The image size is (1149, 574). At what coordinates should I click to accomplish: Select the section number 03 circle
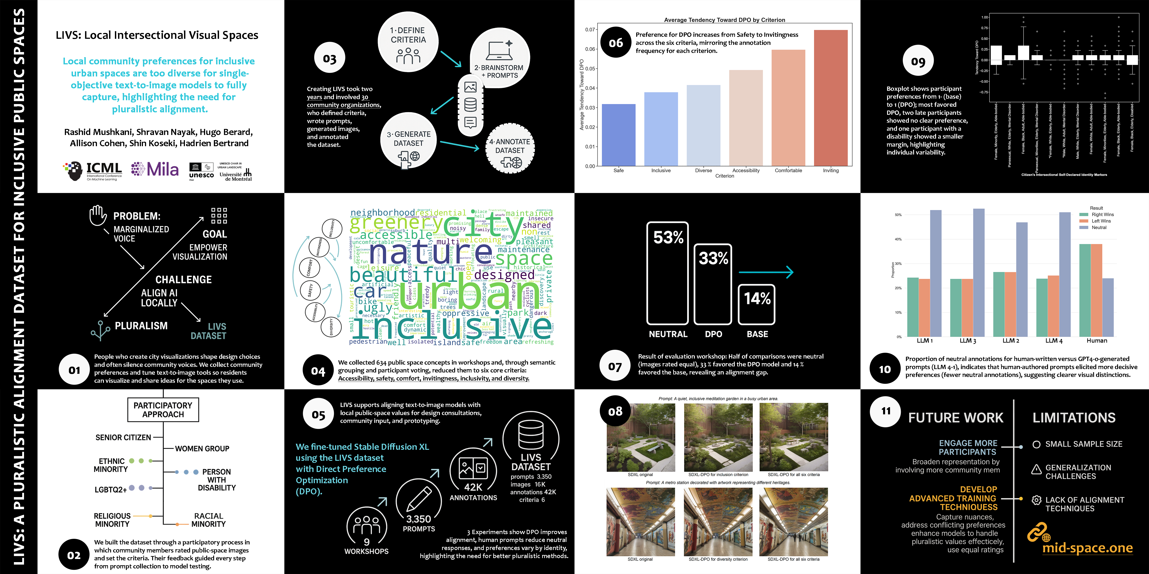coord(330,58)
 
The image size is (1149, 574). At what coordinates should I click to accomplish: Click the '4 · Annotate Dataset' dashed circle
coord(510,148)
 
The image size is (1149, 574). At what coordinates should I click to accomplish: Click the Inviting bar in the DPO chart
coord(831,98)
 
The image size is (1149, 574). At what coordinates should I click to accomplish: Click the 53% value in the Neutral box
coord(668,237)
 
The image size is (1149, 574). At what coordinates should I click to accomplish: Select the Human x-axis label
coord(1097,341)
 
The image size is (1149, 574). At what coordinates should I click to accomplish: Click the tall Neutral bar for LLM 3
coord(979,272)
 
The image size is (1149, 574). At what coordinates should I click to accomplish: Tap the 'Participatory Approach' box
coord(163,410)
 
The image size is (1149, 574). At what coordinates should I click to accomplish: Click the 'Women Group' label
coord(202,448)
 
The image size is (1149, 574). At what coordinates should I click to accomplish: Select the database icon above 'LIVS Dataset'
coord(531,435)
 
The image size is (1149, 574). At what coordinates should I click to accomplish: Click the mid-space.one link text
coord(1088,548)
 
